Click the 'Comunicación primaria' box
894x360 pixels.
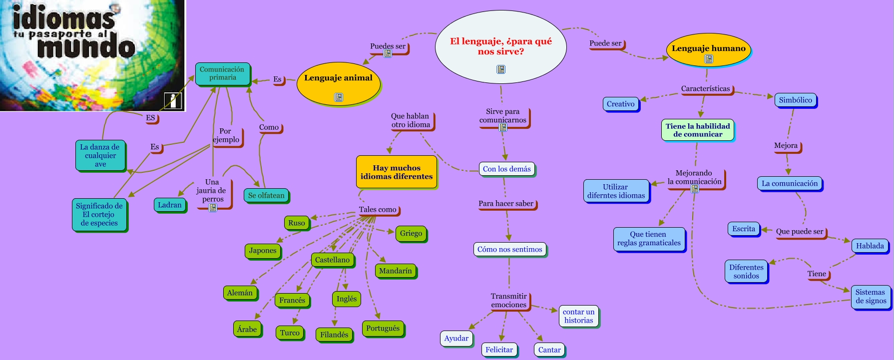point(222,74)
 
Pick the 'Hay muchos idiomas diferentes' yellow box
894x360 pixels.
point(397,172)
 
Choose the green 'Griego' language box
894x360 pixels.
point(411,233)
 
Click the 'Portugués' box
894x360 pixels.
point(383,329)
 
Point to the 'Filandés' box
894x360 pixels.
point(334,335)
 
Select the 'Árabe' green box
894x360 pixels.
point(247,329)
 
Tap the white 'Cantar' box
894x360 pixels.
point(549,350)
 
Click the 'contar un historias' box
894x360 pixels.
point(578,316)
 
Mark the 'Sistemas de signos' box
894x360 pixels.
point(871,297)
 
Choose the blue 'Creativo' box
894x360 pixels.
point(620,104)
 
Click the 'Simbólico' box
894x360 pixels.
point(795,100)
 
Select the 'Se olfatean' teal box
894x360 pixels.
point(266,195)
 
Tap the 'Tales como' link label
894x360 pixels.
point(378,210)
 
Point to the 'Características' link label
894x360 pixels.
point(705,89)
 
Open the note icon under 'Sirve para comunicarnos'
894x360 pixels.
point(503,128)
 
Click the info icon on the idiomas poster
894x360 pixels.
point(173,100)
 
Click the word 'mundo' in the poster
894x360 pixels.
point(86,48)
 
